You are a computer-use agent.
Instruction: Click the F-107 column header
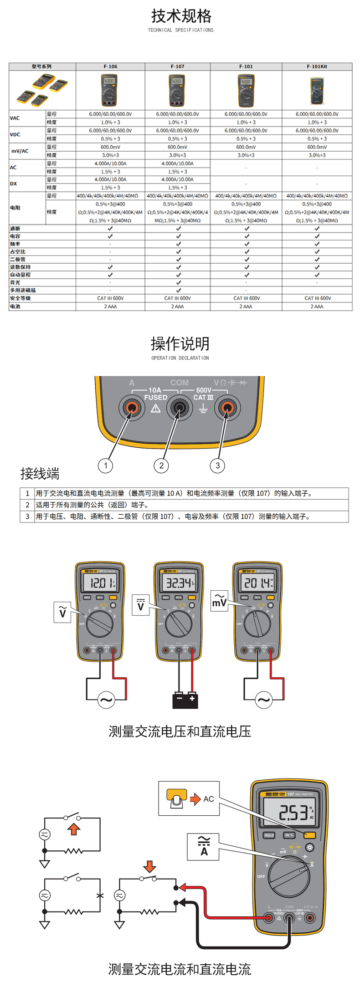[177, 66]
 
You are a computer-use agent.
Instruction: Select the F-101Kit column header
[317, 66]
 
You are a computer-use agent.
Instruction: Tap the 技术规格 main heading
[181, 16]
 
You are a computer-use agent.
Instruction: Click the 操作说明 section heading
[180, 343]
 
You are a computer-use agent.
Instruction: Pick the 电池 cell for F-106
[110, 307]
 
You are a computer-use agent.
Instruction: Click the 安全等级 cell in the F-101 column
[247, 298]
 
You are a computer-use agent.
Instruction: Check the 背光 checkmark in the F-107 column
[178, 282]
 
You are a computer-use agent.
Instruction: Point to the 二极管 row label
[18, 259]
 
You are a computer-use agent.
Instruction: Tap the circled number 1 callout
[106, 465]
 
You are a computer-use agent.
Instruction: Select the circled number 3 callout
[217, 465]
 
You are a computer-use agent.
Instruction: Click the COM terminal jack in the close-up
[180, 408]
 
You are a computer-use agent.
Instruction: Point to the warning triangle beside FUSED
[156, 408]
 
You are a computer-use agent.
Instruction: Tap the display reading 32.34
[178, 583]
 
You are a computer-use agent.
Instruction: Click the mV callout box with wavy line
[219, 602]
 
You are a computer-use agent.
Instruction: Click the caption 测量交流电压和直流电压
[180, 731]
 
